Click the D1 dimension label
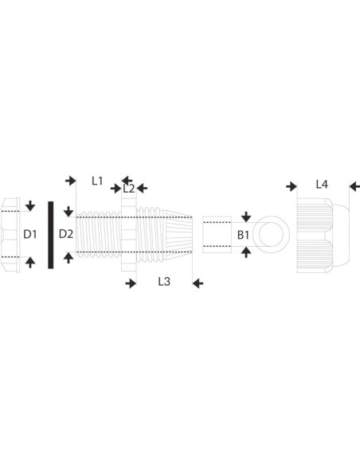[x=30, y=234]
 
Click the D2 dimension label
[x=66, y=234]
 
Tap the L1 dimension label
[x=97, y=181]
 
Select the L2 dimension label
[x=129, y=189]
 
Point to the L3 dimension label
[x=164, y=281]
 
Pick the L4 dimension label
[x=322, y=185]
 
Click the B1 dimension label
[x=243, y=235]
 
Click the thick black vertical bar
[x=51, y=235]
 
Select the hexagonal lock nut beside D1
[x=10, y=235]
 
